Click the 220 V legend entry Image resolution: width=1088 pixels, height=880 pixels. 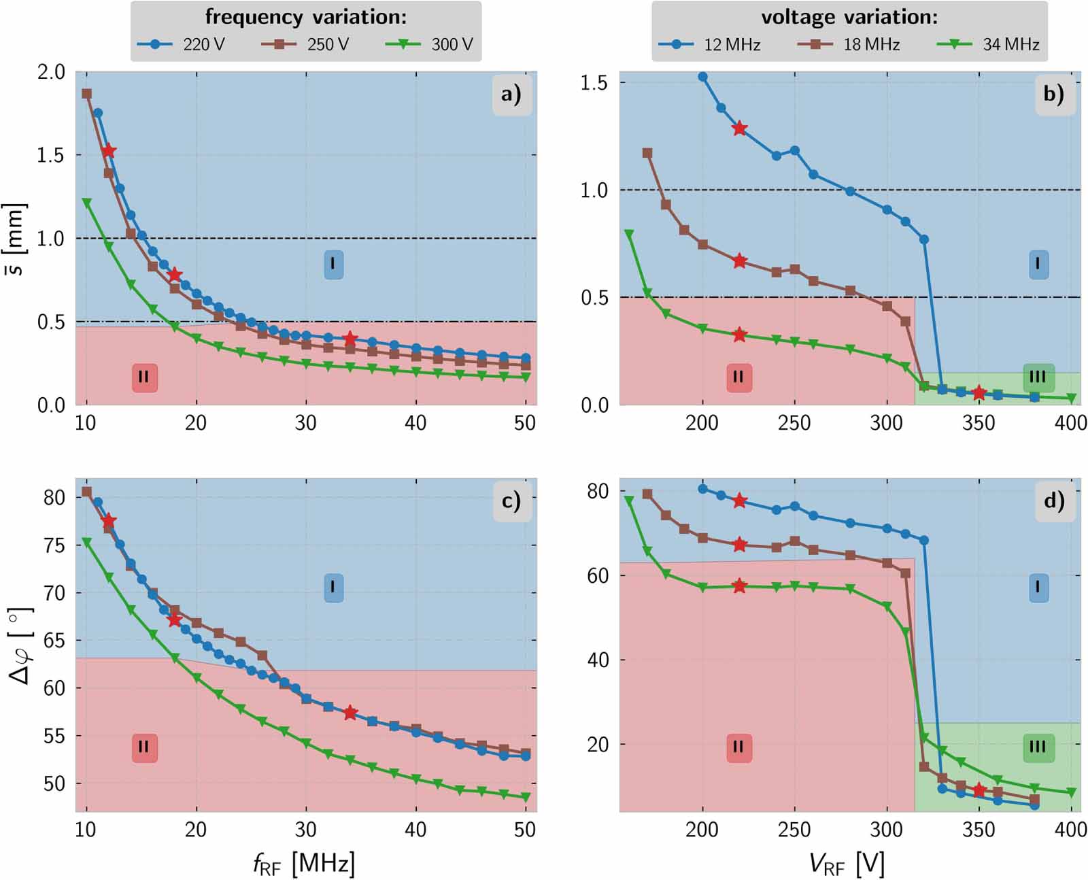181,45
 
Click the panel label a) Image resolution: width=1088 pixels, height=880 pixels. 511,94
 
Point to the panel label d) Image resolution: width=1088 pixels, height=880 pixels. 1054,501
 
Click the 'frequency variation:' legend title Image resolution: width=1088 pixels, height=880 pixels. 306,16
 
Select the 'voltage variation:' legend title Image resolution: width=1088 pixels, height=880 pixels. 849,16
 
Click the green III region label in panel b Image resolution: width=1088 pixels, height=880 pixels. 1038,377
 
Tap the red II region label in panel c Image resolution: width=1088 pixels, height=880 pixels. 143,747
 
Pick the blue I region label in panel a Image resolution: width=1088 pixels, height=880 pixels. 333,264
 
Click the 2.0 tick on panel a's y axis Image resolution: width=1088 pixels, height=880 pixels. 51,71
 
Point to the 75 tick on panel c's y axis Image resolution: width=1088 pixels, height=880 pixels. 54,545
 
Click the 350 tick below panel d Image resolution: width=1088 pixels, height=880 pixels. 979,830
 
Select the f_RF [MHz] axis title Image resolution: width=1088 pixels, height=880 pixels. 304,864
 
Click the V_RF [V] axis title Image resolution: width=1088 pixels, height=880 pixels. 847,864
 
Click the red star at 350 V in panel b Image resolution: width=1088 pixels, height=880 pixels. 979,393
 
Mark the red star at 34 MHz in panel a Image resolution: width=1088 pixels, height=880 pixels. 350,338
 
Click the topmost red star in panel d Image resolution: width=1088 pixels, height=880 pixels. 739,501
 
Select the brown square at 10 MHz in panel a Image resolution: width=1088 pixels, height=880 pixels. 86,94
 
